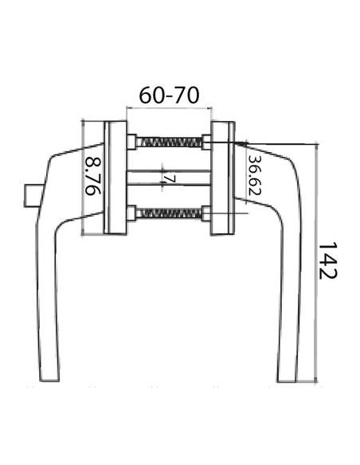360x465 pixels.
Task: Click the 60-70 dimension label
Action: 168,95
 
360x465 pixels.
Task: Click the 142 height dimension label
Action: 327,260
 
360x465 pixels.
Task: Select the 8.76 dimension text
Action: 93,178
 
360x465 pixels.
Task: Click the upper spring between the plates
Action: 169,143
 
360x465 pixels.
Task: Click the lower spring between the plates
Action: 169,213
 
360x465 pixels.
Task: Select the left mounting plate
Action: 115,178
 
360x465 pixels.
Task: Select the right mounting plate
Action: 222,178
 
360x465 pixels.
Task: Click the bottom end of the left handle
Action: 49,376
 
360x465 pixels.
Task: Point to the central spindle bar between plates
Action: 169,178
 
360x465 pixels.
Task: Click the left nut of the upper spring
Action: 132,143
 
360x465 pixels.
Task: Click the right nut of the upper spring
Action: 205,143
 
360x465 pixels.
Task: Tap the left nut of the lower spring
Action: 132,213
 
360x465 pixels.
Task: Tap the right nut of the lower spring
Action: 205,213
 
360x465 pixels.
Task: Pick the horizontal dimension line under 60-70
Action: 169,109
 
